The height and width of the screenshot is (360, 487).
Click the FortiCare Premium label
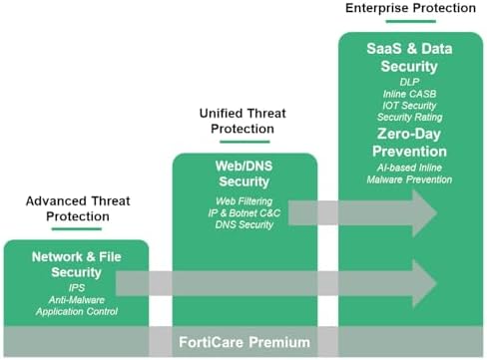tap(243, 342)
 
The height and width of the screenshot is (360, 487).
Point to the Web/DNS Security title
tap(244, 174)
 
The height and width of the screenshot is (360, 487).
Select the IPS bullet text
tap(76, 286)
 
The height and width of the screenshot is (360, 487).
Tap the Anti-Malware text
tap(76, 298)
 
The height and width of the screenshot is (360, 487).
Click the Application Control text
tap(76, 311)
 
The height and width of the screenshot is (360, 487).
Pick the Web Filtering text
tap(244, 201)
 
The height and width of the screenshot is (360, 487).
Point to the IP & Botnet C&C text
tap(244, 214)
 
